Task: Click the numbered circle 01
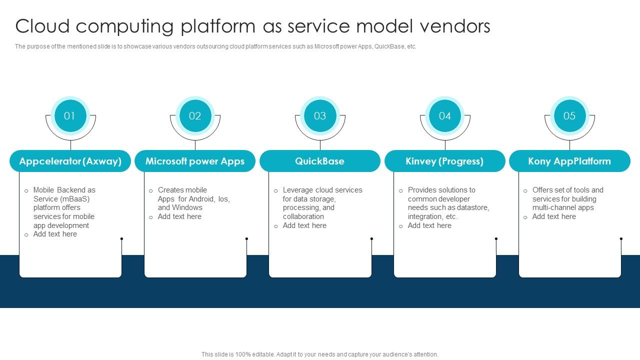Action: point(70,116)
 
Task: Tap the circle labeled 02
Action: point(195,116)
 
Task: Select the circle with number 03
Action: point(320,116)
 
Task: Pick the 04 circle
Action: point(445,116)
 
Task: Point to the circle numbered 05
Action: point(569,116)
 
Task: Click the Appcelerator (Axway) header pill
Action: point(70,161)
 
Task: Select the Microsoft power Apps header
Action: point(195,161)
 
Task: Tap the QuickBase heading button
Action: point(320,161)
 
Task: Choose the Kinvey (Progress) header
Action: point(445,161)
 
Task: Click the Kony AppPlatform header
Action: point(569,161)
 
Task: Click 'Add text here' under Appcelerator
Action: point(55,234)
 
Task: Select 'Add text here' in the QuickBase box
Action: point(304,225)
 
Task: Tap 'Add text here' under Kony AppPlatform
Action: point(554,216)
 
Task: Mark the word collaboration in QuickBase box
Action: point(303,216)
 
